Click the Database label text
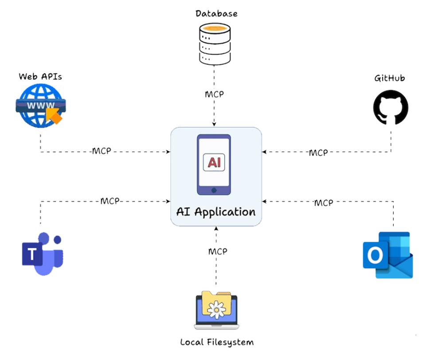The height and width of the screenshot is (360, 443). pos(216,13)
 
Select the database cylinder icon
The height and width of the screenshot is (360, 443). pos(214,44)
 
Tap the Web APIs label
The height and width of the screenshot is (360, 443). pos(40,77)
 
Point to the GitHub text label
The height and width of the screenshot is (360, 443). pos(390,78)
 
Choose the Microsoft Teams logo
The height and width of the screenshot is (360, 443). pos(43,254)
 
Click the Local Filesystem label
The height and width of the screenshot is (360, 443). pos(217,342)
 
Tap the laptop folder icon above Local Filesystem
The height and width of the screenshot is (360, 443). pos(216,310)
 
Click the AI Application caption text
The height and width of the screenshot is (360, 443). pos(216,211)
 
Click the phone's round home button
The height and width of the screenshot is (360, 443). pos(214,190)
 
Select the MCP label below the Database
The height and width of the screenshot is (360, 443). pos(214,94)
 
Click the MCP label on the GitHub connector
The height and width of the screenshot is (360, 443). pos(318,153)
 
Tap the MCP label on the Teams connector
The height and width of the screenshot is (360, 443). pos(110,201)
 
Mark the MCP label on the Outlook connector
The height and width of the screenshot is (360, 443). pos(324,203)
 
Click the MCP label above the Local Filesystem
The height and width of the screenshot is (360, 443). pos(218,251)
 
